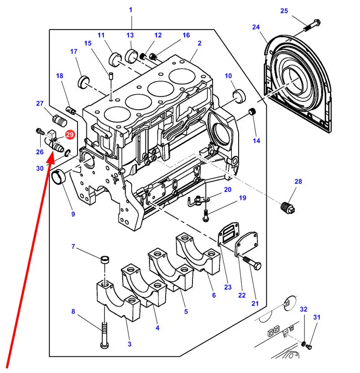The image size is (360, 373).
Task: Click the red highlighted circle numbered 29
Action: (70, 134)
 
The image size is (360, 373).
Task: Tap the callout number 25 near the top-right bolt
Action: (284, 11)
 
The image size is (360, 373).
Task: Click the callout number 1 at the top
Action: (131, 10)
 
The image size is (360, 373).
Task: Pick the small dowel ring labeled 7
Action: (106, 259)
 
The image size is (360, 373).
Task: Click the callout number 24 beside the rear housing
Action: (256, 27)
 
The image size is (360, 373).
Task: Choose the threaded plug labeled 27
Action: (59, 120)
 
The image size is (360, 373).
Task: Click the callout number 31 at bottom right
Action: (317, 318)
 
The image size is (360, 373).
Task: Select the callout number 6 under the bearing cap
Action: (214, 295)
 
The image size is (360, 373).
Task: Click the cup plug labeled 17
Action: (84, 82)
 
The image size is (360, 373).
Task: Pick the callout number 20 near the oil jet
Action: (228, 190)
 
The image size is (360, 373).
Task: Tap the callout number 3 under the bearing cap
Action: (129, 344)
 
